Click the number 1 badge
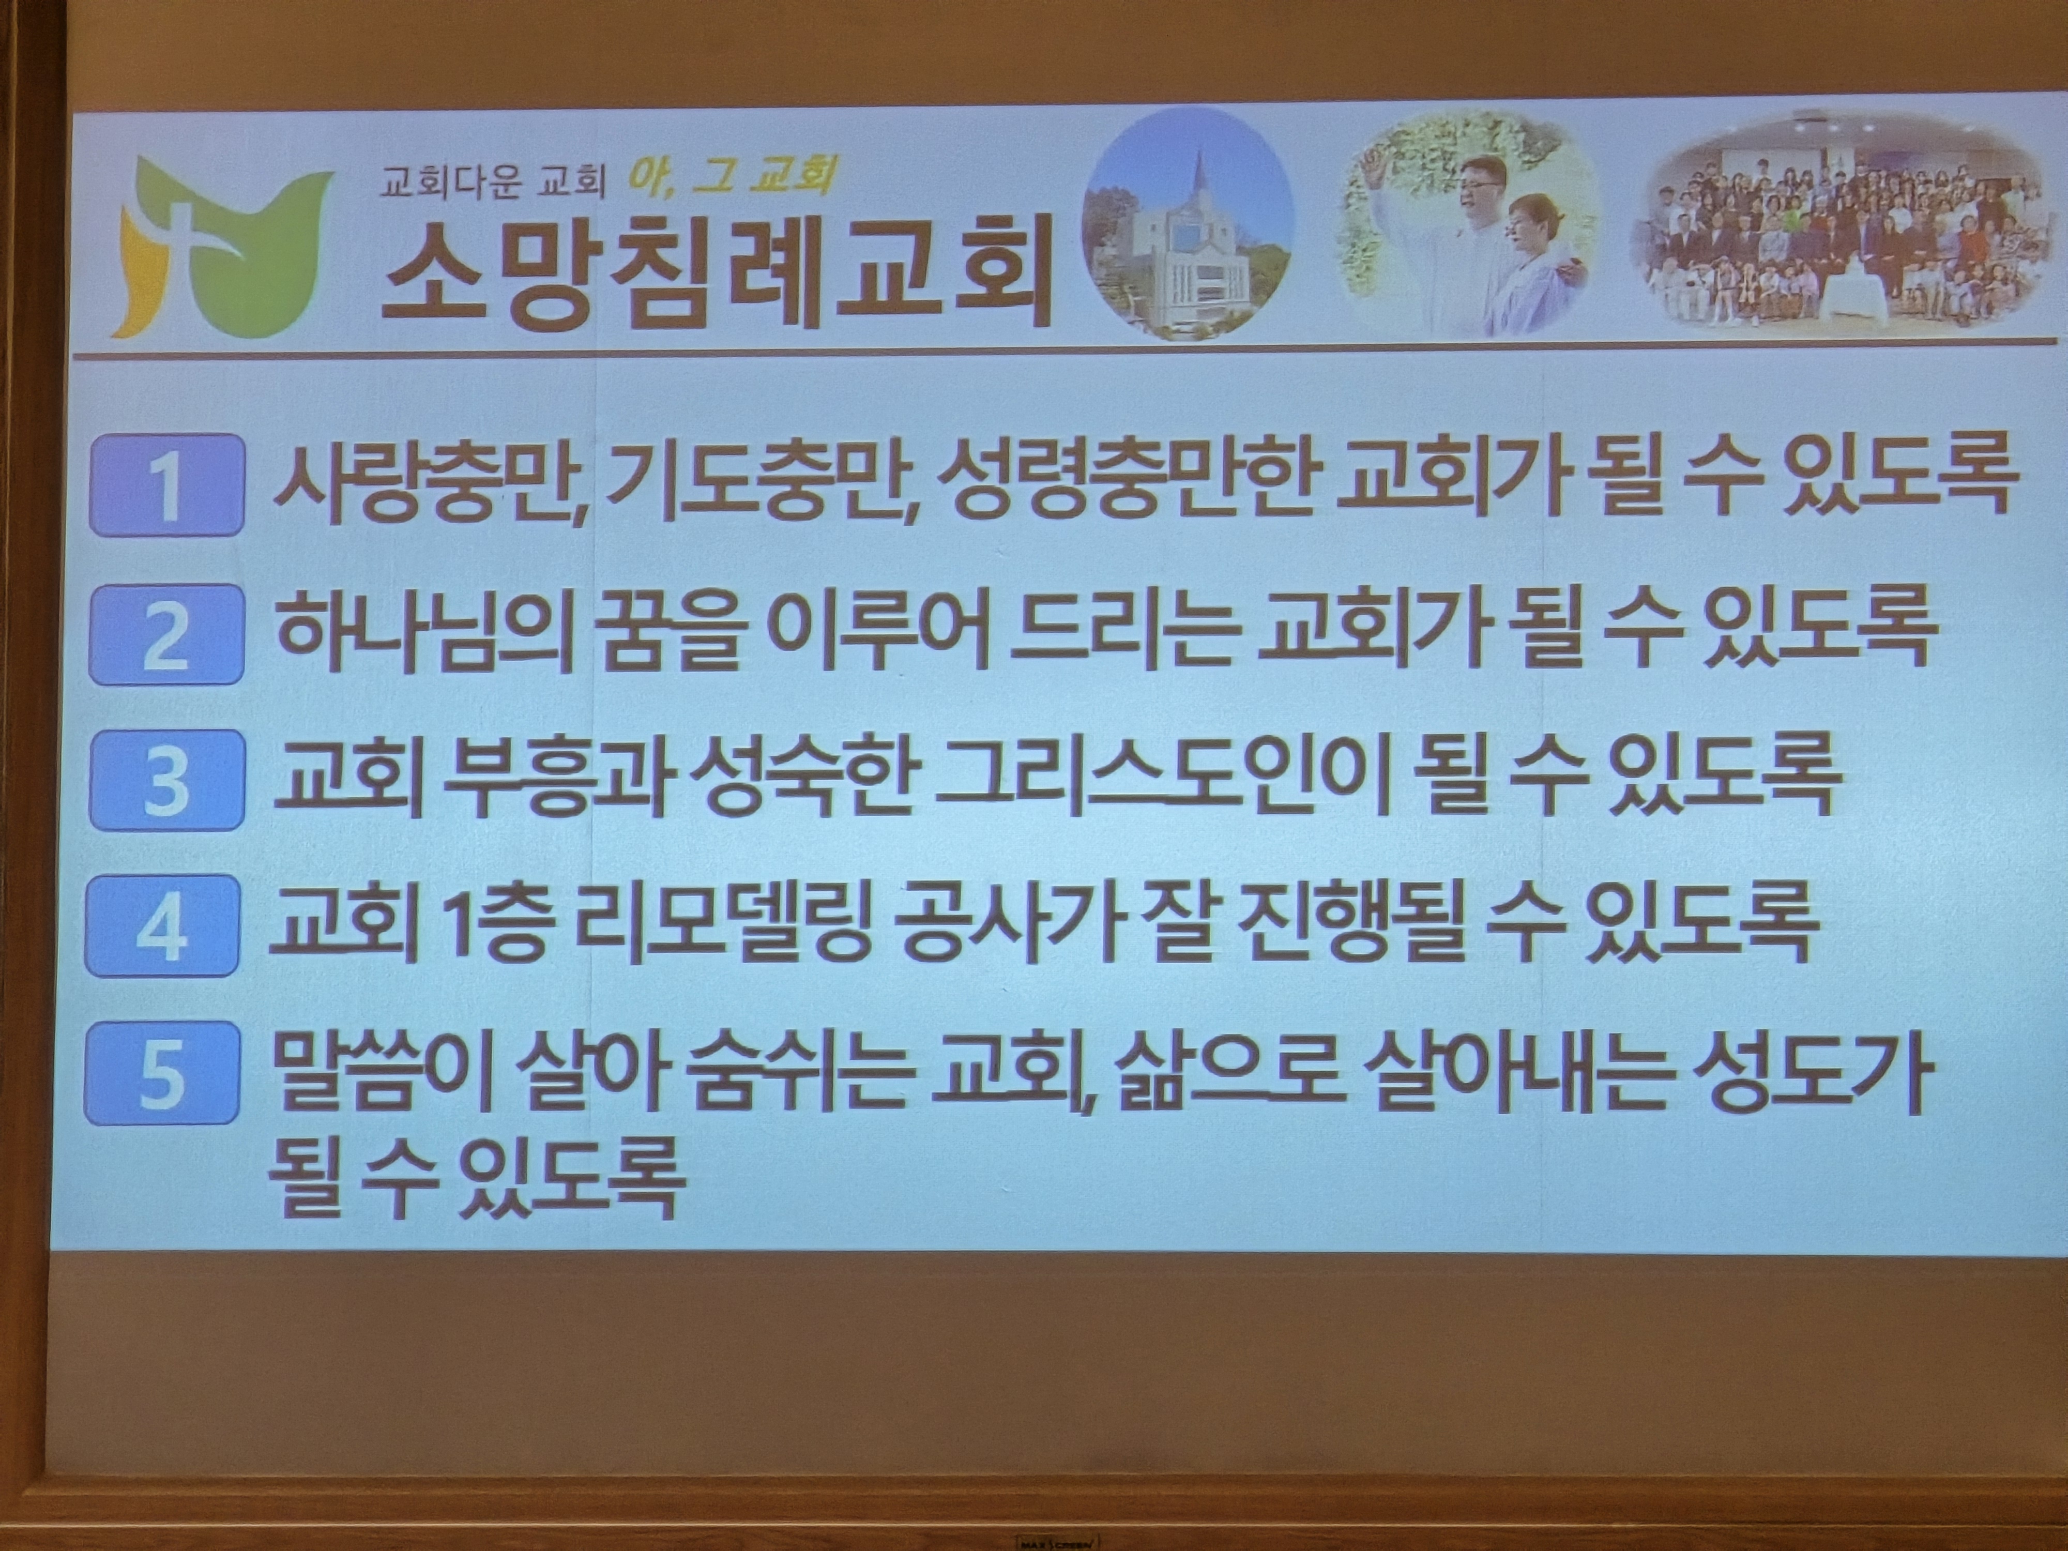(x=166, y=485)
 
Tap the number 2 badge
(x=166, y=634)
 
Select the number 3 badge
(x=166, y=780)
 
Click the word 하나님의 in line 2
(x=424, y=631)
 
